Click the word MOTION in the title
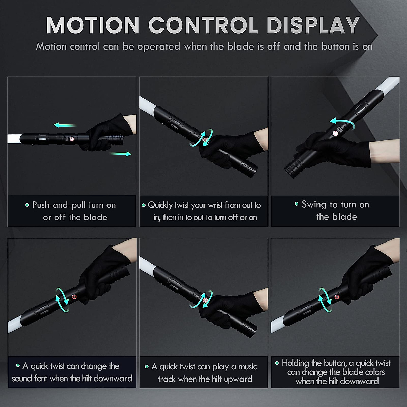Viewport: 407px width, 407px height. pos(93,25)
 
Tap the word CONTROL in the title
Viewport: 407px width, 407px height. pos(203,25)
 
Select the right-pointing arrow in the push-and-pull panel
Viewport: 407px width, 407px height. pos(120,154)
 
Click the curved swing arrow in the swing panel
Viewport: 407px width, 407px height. pos(343,123)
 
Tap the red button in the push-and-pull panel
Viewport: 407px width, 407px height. pos(72,139)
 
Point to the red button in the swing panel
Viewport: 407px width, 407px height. pos(335,133)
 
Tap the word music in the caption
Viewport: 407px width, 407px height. pos(248,367)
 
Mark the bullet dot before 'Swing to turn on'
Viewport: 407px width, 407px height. pos(296,204)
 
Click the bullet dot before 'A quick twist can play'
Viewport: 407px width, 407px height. pos(147,367)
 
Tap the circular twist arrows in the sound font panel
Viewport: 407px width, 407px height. pos(62,300)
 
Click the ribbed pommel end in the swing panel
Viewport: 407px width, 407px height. pos(290,168)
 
